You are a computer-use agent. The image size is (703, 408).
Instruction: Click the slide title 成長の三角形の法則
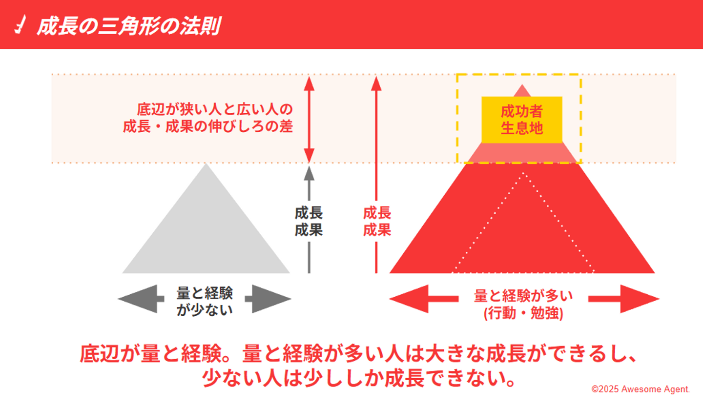pyautogui.click(x=128, y=26)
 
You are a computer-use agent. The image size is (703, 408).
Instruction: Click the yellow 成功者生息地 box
pyautogui.click(x=521, y=120)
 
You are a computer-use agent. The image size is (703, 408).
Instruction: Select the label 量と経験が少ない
pyautogui.click(x=205, y=301)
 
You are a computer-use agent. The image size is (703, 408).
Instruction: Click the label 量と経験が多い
pyautogui.click(x=523, y=296)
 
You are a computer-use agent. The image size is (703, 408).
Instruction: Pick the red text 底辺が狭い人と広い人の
pyautogui.click(x=215, y=109)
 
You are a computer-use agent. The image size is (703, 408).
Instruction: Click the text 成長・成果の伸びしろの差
pyautogui.click(x=208, y=126)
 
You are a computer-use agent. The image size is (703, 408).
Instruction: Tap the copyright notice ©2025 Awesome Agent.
pyautogui.click(x=641, y=389)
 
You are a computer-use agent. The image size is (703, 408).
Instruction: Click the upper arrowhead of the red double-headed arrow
pyautogui.click(x=308, y=83)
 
